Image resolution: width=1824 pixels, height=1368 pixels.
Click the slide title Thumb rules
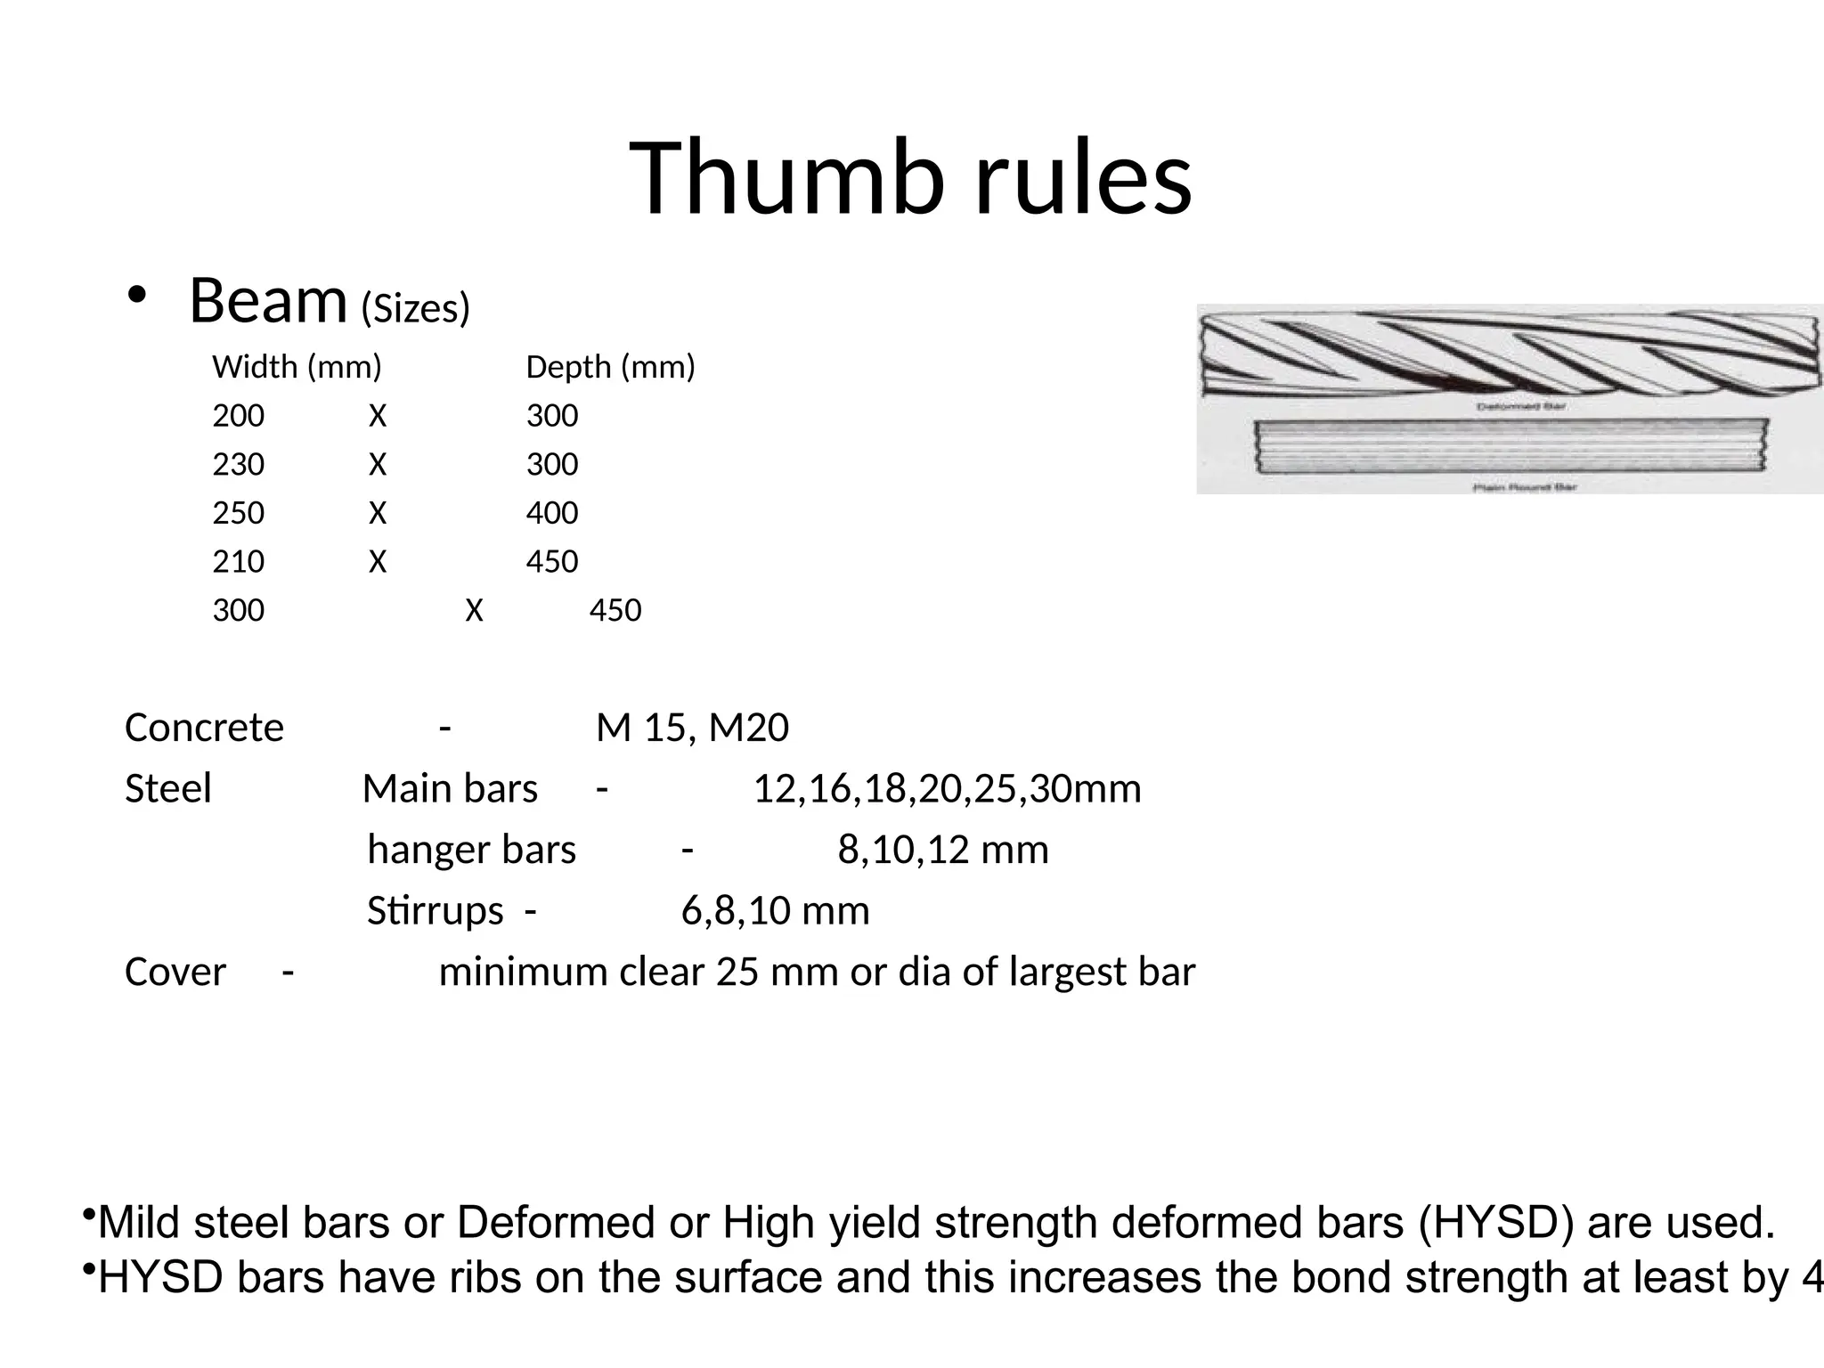[910, 178]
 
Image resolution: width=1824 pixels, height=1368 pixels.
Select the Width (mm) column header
[297, 367]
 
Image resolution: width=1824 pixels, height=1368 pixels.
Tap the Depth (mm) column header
[610, 367]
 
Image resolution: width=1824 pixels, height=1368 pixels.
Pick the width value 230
[238, 464]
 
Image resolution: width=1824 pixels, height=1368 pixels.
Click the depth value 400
[551, 513]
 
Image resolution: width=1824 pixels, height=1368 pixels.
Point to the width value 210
[238, 562]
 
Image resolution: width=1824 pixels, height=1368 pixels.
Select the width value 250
[238, 513]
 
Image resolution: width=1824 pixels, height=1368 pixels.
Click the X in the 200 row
[378, 416]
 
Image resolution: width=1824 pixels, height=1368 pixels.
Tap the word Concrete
[204, 728]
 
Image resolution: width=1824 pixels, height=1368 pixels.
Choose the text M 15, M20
[692, 728]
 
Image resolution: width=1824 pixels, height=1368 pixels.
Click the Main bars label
[450, 789]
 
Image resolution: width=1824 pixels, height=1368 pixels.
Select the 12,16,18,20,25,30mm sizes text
[947, 789]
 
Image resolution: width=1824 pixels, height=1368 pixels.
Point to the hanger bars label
[471, 850]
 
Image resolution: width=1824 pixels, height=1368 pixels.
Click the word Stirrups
[435, 910]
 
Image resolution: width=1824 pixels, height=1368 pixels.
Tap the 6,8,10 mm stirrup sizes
[775, 910]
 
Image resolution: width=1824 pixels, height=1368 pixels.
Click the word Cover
[175, 972]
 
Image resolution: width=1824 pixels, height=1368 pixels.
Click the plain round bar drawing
[1510, 447]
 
